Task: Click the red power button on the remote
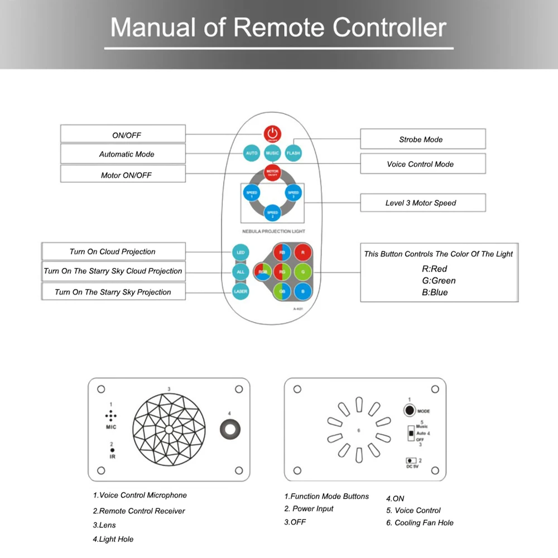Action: (x=272, y=134)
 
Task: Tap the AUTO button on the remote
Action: (x=252, y=152)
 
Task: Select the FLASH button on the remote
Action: (x=293, y=152)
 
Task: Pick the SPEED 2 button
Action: (x=272, y=213)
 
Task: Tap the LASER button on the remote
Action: (x=240, y=291)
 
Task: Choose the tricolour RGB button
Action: (x=262, y=272)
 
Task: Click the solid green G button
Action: (x=303, y=272)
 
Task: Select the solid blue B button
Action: (x=303, y=291)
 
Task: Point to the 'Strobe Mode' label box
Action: (x=422, y=139)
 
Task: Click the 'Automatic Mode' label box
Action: (x=123, y=154)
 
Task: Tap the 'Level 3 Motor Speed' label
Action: (x=422, y=203)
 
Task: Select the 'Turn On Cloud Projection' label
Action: (x=113, y=252)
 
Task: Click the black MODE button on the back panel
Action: (x=410, y=410)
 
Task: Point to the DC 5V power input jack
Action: (x=412, y=460)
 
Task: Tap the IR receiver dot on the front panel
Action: (x=112, y=450)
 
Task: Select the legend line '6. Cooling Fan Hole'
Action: (x=420, y=523)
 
